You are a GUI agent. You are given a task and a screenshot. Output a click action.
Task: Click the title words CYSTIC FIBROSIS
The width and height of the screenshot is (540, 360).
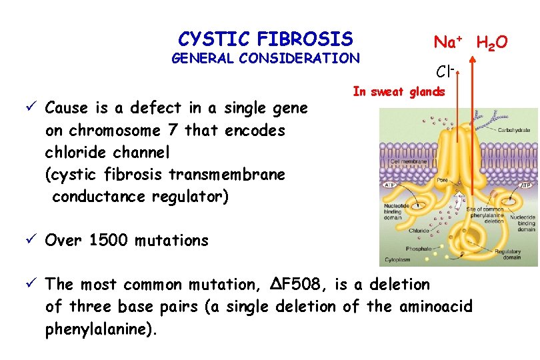[x=265, y=38]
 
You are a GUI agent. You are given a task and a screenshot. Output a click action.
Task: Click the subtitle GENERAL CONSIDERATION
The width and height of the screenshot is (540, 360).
[x=265, y=58]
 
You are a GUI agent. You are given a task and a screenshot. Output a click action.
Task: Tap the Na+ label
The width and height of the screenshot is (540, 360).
[x=449, y=42]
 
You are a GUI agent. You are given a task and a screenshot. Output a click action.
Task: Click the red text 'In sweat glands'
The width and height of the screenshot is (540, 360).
[x=398, y=92]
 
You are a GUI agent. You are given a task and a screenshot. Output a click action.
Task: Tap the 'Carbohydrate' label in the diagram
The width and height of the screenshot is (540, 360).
[x=517, y=130]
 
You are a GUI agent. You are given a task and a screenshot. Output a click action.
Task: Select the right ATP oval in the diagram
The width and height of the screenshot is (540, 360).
[x=525, y=185]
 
